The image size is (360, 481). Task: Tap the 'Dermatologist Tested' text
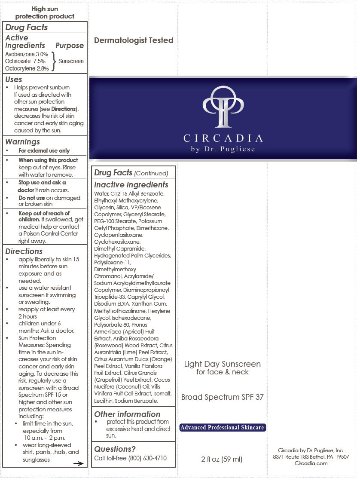(x=134, y=40)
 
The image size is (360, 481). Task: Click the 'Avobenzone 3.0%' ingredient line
(x=27, y=55)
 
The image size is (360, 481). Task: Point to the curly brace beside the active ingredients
(x=54, y=61)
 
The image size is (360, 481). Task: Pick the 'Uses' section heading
(x=14, y=80)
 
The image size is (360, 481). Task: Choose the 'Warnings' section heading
(x=22, y=142)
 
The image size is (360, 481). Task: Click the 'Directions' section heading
(x=24, y=251)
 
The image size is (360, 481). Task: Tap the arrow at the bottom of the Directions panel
(x=78, y=463)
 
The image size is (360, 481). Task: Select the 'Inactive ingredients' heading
(x=131, y=185)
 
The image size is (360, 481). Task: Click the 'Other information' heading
(x=127, y=414)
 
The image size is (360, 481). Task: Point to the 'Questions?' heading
(x=115, y=449)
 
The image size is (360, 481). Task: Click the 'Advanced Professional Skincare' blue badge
(x=222, y=428)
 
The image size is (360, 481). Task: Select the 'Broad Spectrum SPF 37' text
(x=222, y=397)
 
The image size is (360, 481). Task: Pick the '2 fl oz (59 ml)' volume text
(x=222, y=459)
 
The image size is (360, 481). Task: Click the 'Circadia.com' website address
(x=311, y=463)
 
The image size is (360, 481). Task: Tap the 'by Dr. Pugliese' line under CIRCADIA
(x=223, y=149)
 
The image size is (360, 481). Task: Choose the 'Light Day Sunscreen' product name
(x=222, y=364)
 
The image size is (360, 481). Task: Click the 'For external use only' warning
(x=44, y=151)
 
